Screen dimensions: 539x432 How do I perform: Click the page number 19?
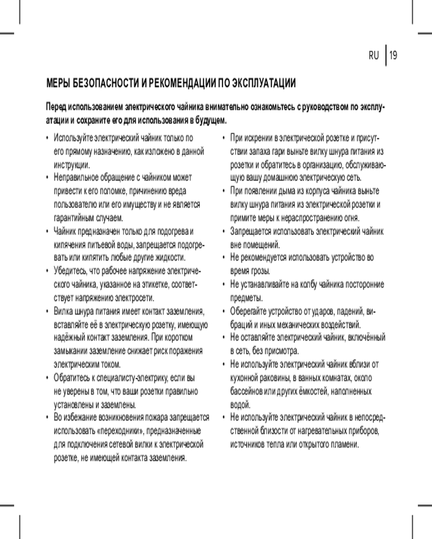click(x=393, y=55)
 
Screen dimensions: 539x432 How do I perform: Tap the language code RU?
click(x=374, y=55)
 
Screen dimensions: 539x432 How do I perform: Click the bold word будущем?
click(x=208, y=119)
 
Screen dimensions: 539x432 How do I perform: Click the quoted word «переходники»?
click(x=119, y=431)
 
